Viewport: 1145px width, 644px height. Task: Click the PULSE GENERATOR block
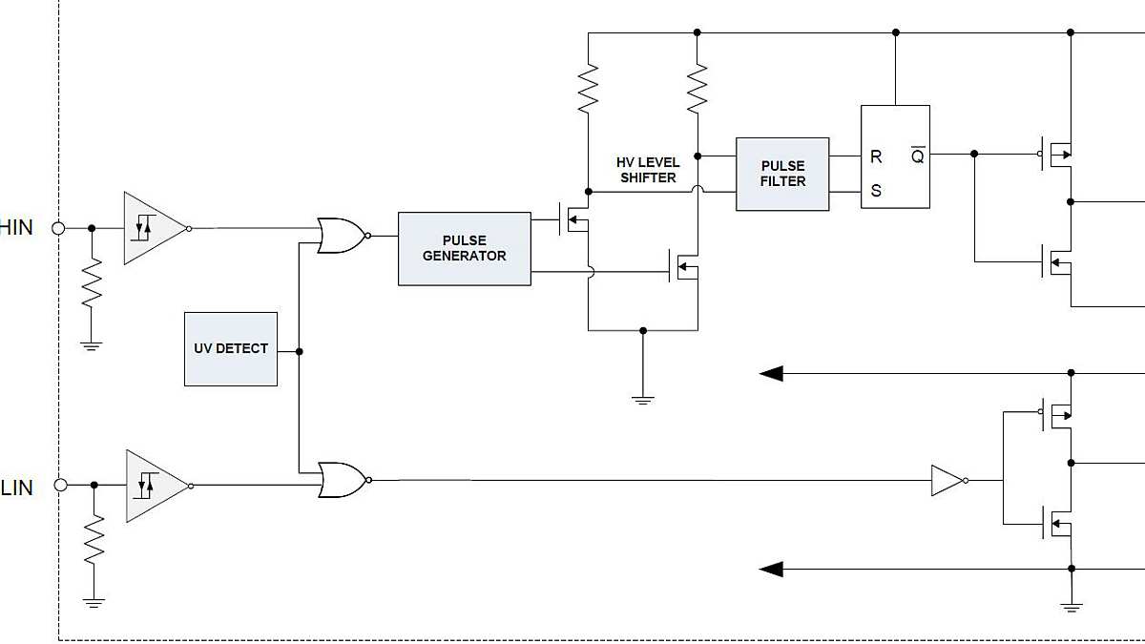click(464, 248)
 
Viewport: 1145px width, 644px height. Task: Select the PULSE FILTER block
click(782, 174)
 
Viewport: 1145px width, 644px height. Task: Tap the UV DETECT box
click(231, 349)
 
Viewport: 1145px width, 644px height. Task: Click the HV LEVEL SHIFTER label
click(647, 170)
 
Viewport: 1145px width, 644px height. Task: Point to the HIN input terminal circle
click(58, 228)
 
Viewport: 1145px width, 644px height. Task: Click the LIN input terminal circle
click(60, 486)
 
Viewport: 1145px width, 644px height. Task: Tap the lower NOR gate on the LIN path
click(342, 481)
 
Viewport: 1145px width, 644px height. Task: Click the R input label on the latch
click(876, 157)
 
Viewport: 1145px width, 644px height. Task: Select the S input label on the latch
click(876, 191)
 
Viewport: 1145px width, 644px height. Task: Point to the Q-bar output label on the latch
click(917, 156)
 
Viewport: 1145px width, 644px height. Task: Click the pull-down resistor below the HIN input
click(92, 283)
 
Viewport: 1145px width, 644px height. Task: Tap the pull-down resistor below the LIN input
click(94, 541)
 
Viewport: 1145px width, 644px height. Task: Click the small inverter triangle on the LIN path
click(947, 481)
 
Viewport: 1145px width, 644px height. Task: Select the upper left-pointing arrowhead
click(771, 373)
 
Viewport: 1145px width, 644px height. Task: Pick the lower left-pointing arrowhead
click(771, 570)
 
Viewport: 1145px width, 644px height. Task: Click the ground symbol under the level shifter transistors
click(642, 399)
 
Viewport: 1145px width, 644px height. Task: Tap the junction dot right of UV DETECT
click(300, 352)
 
